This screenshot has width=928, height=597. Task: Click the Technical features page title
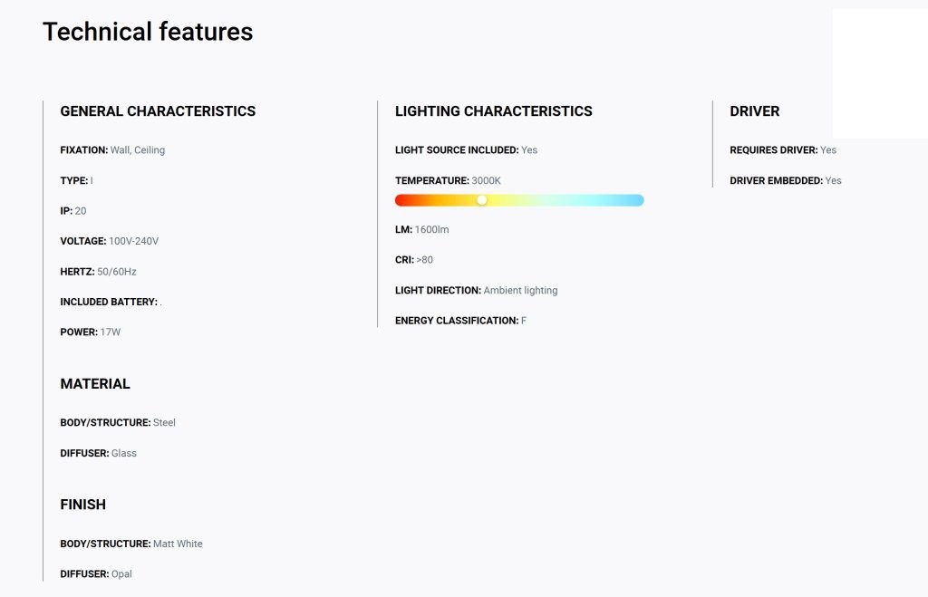click(x=148, y=32)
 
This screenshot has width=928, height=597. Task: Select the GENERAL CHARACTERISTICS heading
click(x=158, y=111)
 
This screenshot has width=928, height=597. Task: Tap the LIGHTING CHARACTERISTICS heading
click(x=494, y=111)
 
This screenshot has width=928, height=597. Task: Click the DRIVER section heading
click(x=755, y=111)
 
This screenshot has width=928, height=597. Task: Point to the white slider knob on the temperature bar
click(x=482, y=200)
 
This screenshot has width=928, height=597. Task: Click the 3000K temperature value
click(x=486, y=180)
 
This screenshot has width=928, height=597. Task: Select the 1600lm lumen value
click(x=432, y=229)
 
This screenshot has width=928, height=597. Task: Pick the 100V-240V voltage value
click(x=134, y=241)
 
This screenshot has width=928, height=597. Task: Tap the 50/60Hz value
click(x=117, y=272)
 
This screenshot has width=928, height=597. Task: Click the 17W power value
click(x=110, y=332)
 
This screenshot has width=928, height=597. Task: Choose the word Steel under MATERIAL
click(x=165, y=422)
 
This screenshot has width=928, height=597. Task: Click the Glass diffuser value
click(x=123, y=453)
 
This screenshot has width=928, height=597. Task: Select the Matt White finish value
click(x=178, y=544)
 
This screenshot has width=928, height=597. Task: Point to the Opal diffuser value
click(x=121, y=574)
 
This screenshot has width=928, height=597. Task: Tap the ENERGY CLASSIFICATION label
click(x=457, y=321)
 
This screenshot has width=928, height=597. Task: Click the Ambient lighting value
click(x=521, y=291)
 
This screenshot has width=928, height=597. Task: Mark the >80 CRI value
click(x=424, y=260)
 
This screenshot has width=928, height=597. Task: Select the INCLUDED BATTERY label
click(x=109, y=302)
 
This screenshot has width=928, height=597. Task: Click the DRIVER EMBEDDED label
click(x=777, y=180)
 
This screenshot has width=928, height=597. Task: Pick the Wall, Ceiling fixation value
click(x=138, y=150)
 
